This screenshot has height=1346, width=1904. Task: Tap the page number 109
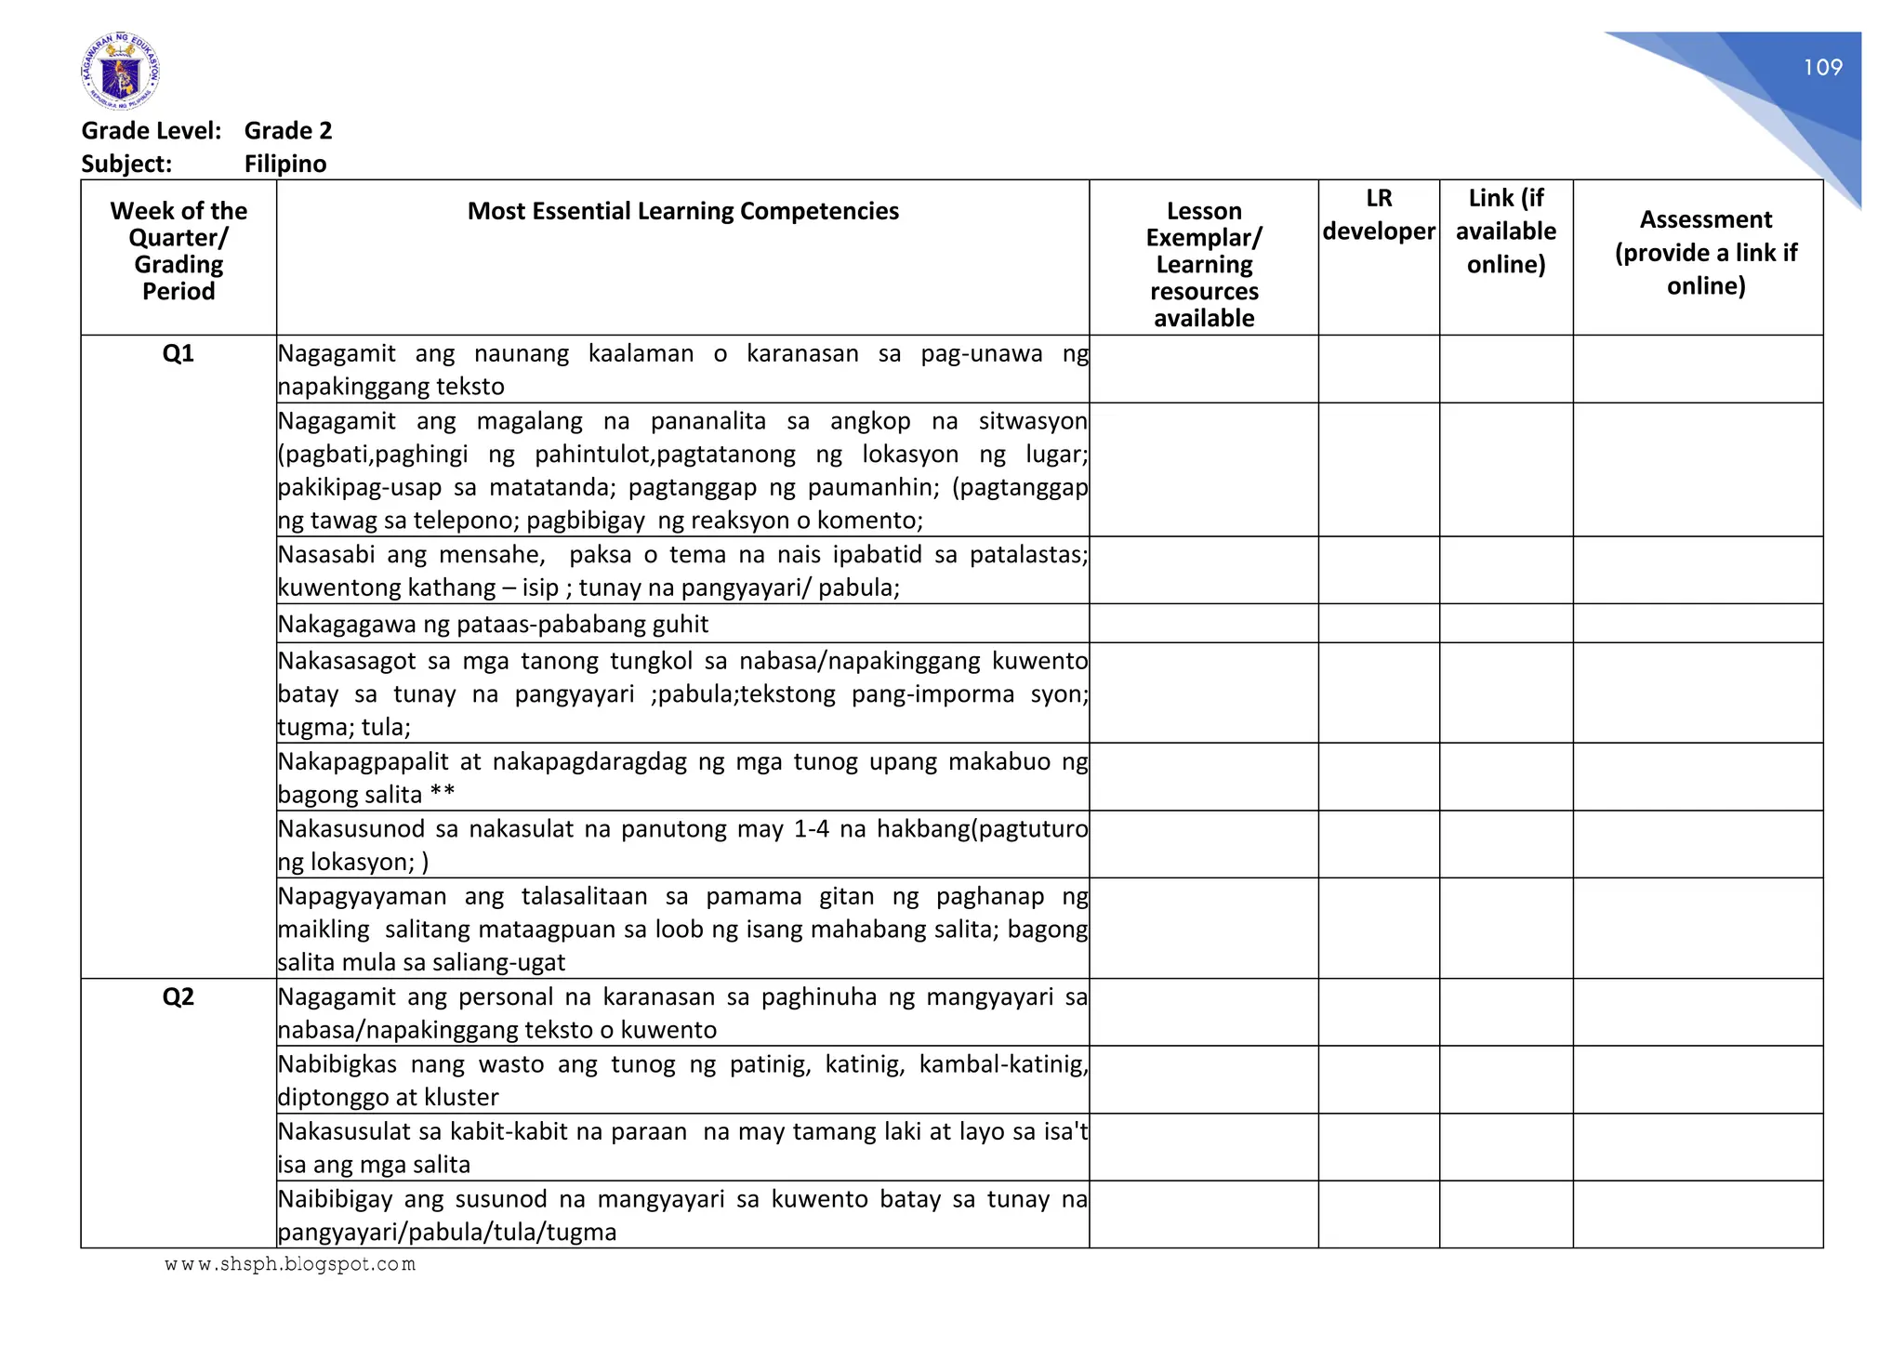click(x=1822, y=67)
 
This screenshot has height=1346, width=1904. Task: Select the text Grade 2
click(x=288, y=130)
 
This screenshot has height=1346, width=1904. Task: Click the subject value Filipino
click(x=285, y=164)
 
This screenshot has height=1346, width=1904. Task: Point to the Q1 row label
click(x=178, y=353)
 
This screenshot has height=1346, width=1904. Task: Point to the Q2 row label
click(x=178, y=996)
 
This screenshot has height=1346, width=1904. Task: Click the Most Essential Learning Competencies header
click(x=682, y=211)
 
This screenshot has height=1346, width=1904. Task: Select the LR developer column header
click(x=1379, y=215)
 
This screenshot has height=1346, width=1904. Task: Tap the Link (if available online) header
click(x=1505, y=231)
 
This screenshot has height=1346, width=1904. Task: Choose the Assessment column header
click(x=1705, y=252)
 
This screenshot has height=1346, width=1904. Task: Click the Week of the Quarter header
click(x=178, y=251)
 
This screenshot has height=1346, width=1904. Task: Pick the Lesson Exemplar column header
click(x=1203, y=264)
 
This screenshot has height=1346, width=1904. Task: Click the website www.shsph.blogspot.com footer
click(x=290, y=1264)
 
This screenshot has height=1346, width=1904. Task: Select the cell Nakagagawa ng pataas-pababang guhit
click(x=493, y=624)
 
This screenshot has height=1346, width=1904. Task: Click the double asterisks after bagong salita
click(x=443, y=794)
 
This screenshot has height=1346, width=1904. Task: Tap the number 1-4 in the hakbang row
click(x=811, y=828)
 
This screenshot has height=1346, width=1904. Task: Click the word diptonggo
click(x=331, y=1097)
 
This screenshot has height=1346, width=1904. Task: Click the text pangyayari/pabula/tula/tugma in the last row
click(x=447, y=1232)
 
